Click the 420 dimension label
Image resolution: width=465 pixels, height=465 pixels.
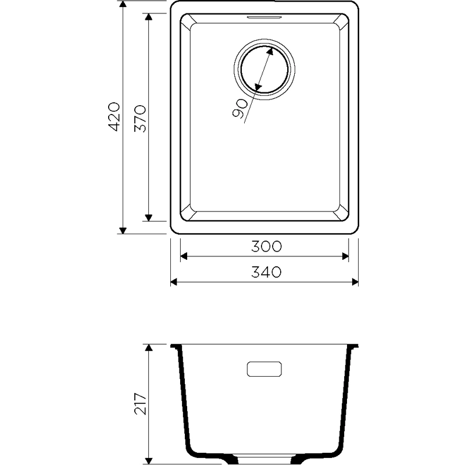click(x=115, y=117)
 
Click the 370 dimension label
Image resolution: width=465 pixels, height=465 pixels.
click(x=140, y=119)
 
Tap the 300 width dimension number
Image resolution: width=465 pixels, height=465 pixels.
click(x=266, y=246)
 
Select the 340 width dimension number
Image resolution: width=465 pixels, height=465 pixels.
click(x=266, y=272)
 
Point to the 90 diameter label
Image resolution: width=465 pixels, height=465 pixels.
click(x=239, y=109)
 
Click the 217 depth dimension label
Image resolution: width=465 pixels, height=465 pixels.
click(x=140, y=403)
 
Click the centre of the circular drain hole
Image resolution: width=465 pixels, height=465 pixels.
click(x=264, y=69)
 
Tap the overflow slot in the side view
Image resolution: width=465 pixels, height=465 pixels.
click(x=264, y=369)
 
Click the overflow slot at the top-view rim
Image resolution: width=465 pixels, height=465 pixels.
click(x=264, y=17)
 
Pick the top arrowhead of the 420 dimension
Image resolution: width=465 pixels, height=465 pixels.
click(x=123, y=4)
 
